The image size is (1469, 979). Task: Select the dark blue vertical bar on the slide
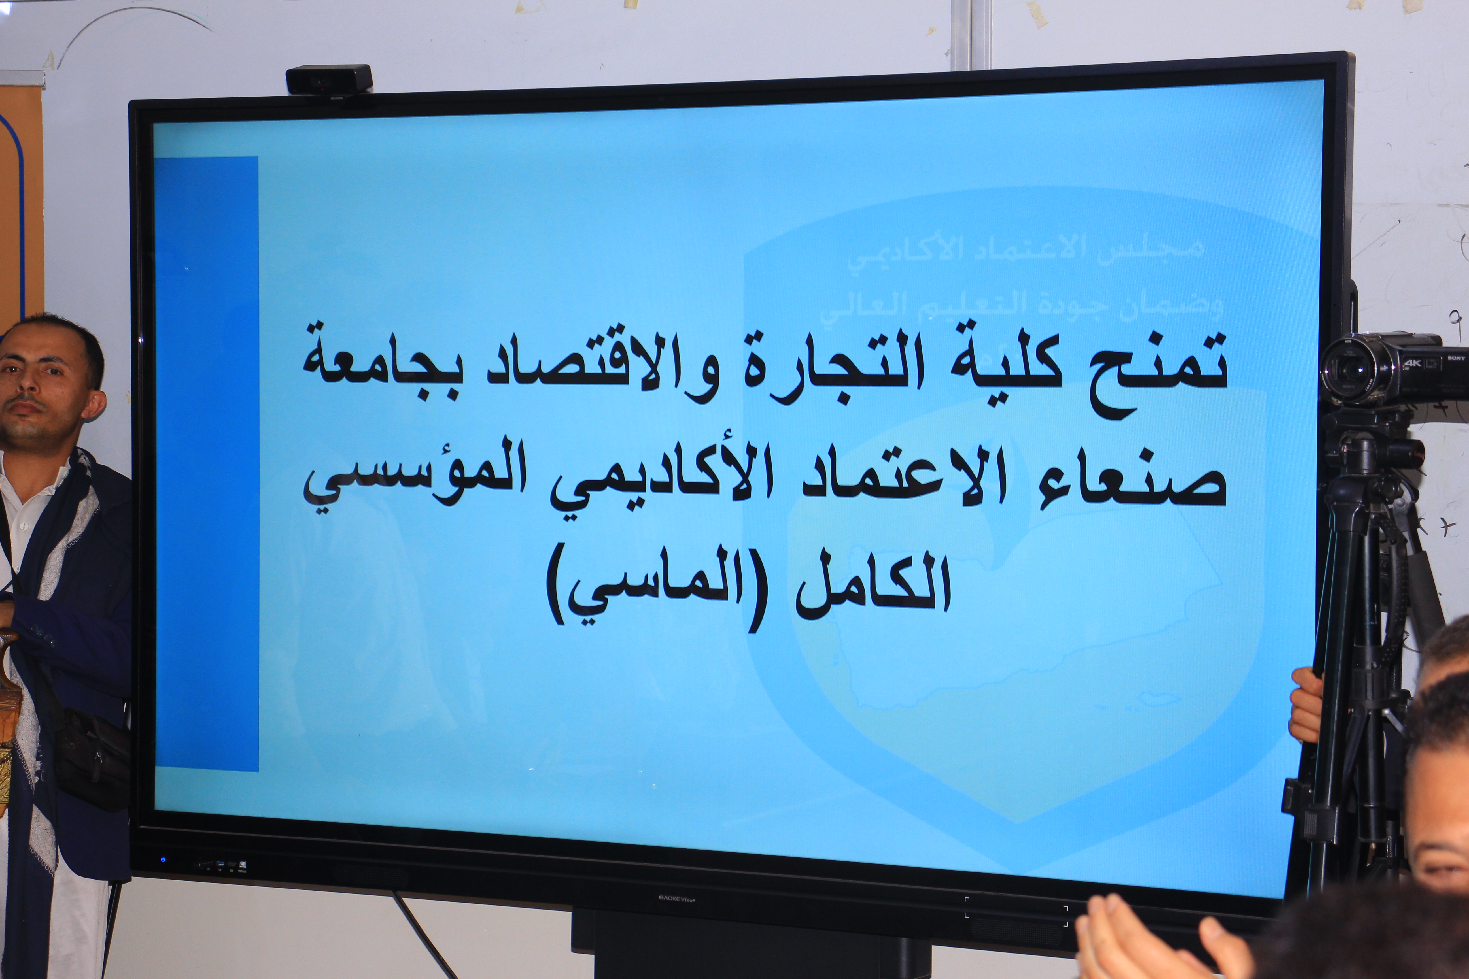[x=206, y=462]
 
